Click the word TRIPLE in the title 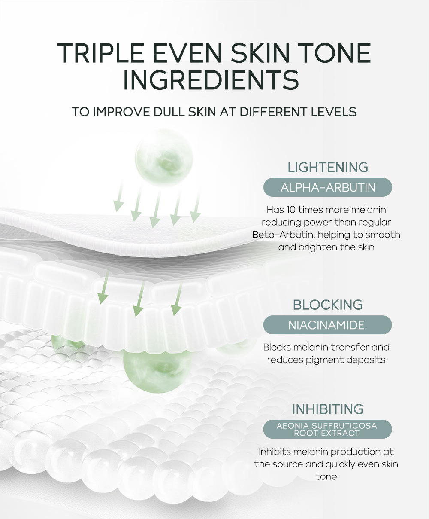100,53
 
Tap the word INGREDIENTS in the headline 211,80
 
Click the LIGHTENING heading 328,167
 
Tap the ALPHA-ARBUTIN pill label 328,188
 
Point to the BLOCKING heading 328,305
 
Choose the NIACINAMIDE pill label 328,325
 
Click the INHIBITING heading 328,409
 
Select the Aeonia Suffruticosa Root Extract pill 328,429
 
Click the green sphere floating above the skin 164,158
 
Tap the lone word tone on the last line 326,477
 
